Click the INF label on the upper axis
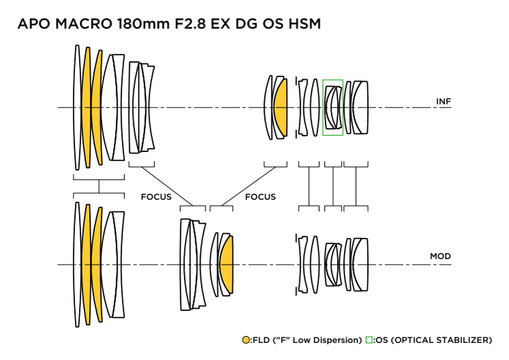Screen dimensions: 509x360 coord(443,102)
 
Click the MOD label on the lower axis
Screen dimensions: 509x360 coord(441,256)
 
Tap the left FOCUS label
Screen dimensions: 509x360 coord(156,197)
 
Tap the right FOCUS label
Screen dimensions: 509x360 coord(261,197)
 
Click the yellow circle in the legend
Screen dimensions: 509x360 coord(246,340)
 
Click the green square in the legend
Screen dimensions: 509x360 coord(368,340)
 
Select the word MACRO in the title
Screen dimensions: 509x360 coord(84,24)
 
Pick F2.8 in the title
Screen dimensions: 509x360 coord(190,24)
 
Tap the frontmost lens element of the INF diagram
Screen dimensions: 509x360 coord(77,107)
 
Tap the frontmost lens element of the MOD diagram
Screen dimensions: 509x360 coord(77,265)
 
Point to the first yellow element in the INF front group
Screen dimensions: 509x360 coord(86,107)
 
